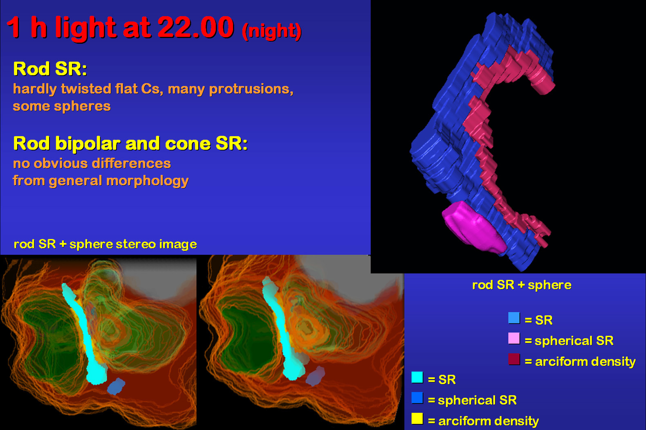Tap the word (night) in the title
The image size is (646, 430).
pyautogui.click(x=271, y=31)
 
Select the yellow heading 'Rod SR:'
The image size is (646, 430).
pyautogui.click(x=50, y=69)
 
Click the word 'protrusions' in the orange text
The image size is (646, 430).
pyautogui.click(x=251, y=89)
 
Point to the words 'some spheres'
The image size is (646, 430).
pyautogui.click(x=62, y=106)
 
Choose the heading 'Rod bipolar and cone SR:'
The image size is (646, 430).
pyautogui.click(x=130, y=143)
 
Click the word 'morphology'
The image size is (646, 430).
pyautogui.click(x=147, y=181)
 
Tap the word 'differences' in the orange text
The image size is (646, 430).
pyautogui.click(x=131, y=163)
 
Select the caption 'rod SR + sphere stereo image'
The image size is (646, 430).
pyautogui.click(x=105, y=244)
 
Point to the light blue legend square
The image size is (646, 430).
pyautogui.click(x=514, y=318)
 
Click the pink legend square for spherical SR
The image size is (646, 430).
pyautogui.click(x=514, y=338)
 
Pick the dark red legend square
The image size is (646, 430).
pyautogui.click(x=514, y=359)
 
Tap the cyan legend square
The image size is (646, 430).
pyautogui.click(x=417, y=377)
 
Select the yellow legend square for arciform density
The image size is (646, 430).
pyautogui.click(x=417, y=419)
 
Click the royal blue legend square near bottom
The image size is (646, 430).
pyautogui.click(x=417, y=398)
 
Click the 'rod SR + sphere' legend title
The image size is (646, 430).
pyautogui.click(x=522, y=285)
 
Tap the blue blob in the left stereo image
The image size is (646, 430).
pyautogui.click(x=116, y=386)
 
